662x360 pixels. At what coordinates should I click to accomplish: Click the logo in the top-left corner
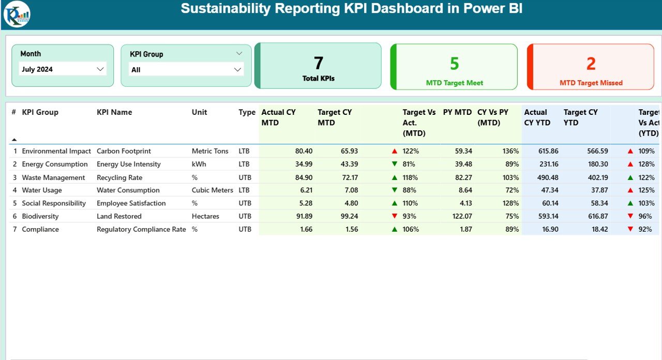17,14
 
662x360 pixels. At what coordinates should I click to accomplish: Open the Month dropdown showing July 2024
63,69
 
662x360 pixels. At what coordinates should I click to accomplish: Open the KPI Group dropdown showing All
186,70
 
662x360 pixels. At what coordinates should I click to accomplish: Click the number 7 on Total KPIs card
318,63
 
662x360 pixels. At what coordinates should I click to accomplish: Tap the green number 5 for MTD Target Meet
454,64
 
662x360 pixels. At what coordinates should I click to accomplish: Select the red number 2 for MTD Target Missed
591,64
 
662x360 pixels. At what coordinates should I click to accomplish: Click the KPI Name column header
114,112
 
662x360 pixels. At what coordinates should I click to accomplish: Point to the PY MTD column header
457,112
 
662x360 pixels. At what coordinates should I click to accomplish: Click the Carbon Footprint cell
124,151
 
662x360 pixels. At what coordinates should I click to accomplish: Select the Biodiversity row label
40,216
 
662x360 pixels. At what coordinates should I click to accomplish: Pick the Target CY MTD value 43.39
347,164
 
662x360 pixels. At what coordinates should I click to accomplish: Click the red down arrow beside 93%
395,216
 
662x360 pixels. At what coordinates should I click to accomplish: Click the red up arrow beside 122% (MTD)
395,151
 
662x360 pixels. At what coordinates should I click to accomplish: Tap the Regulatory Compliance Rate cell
141,229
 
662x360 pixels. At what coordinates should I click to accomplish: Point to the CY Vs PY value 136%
510,151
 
